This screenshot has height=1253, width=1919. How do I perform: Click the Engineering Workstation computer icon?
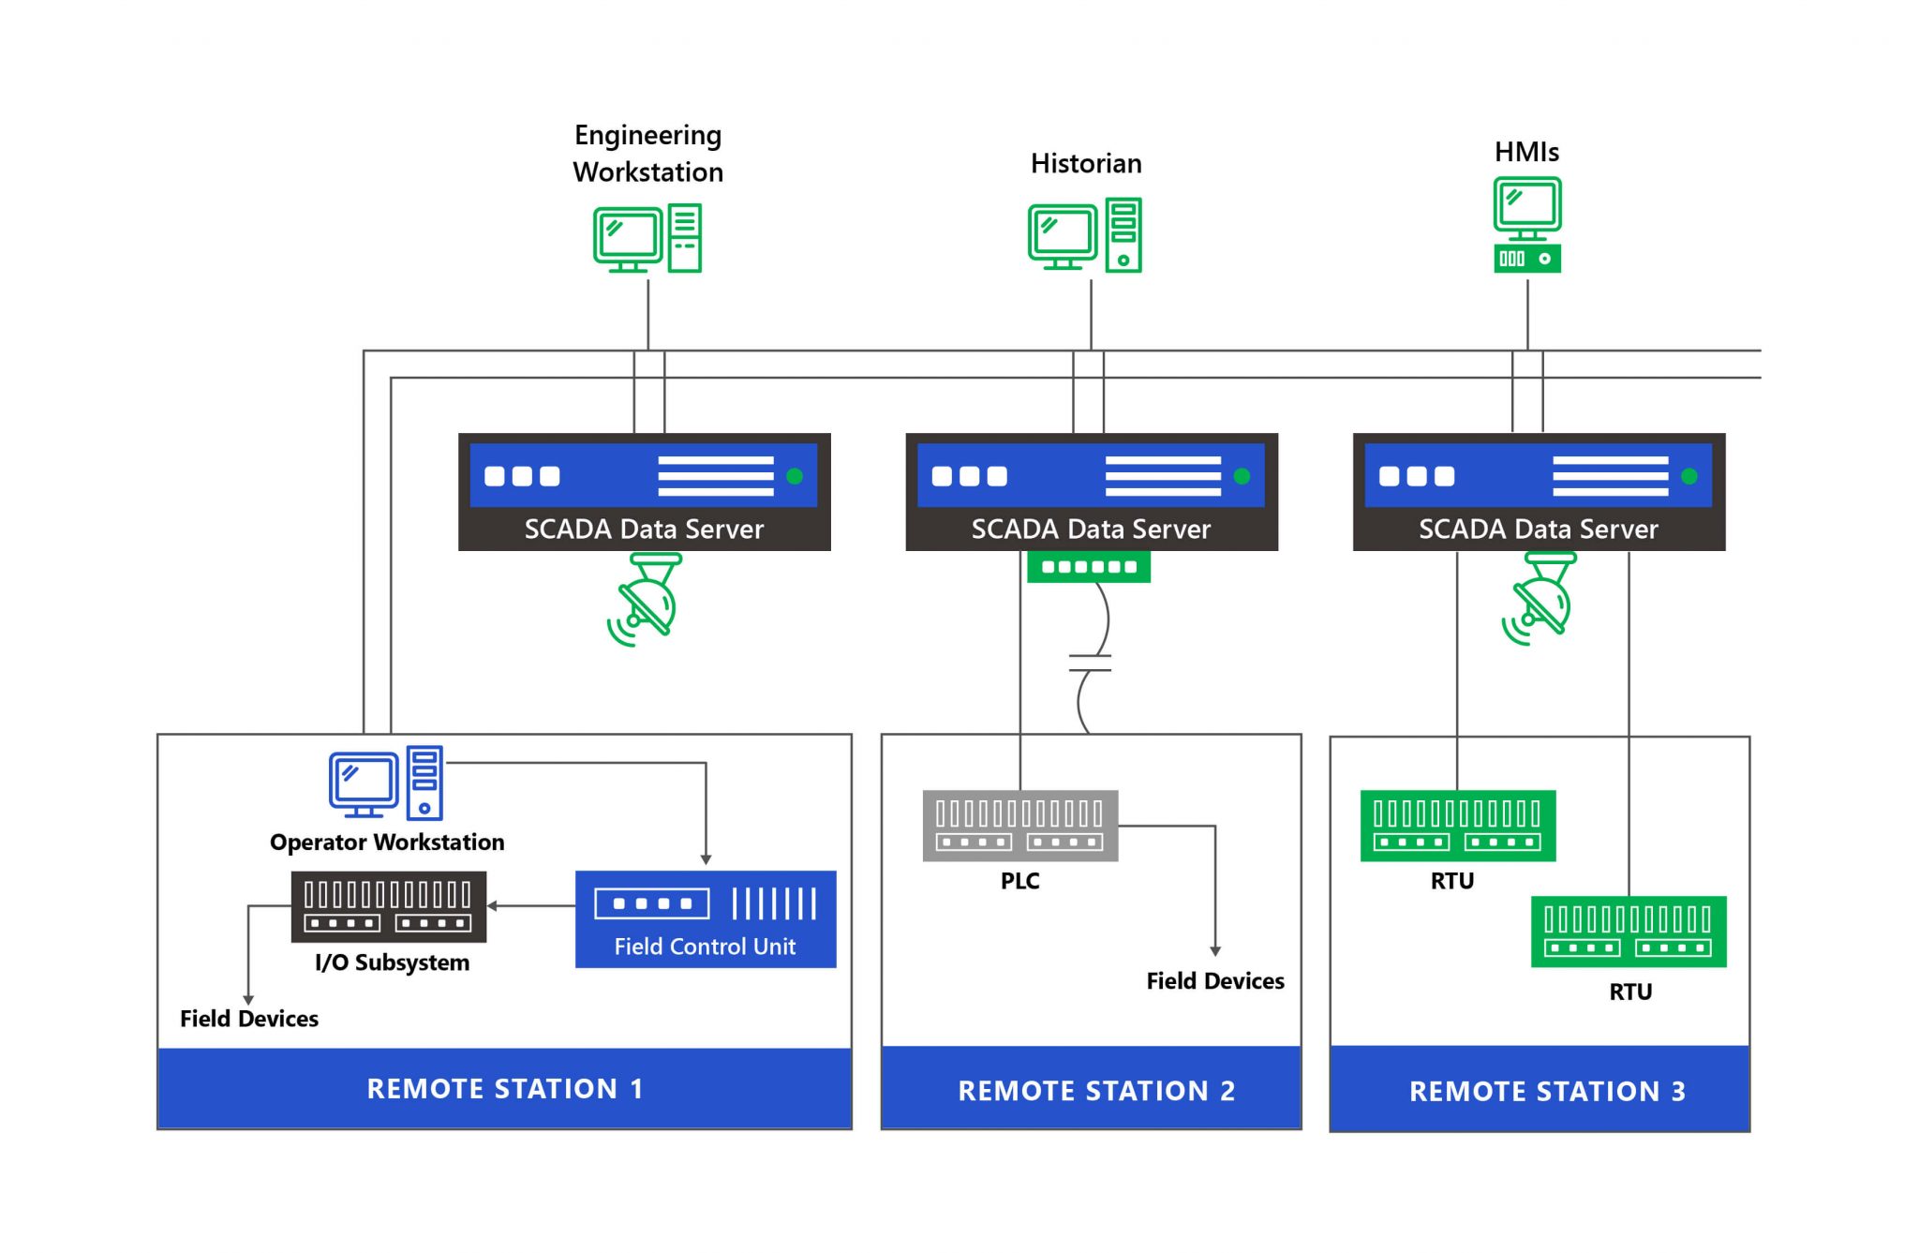coord(647,238)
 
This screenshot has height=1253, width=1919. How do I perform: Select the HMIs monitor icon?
coord(1526,225)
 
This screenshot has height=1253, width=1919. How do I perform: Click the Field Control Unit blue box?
coord(705,918)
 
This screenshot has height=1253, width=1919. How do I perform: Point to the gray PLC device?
coord(1019,826)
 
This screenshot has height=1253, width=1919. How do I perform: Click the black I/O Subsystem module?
coord(388,906)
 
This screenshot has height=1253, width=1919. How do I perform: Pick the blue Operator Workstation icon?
coord(385,783)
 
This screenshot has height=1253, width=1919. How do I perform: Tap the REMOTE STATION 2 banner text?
coord(1095,1091)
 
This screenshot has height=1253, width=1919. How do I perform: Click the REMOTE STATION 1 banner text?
coord(504,1089)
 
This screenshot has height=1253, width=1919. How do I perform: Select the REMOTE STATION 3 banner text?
coord(1547,1092)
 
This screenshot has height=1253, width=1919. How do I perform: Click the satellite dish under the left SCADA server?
coord(645,600)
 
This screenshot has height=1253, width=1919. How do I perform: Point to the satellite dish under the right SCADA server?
coord(1540,600)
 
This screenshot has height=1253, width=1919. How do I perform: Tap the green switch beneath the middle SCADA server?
coord(1088,567)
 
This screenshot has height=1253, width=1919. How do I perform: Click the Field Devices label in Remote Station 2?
coord(1214,981)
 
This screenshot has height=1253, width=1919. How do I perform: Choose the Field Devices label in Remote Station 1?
coord(248,1019)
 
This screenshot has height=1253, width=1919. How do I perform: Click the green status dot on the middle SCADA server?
coord(1242,476)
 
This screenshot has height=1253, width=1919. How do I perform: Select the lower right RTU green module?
coord(1628,932)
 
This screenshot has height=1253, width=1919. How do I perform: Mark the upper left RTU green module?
coord(1457,826)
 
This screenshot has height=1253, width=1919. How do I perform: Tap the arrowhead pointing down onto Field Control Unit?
coord(706,859)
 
